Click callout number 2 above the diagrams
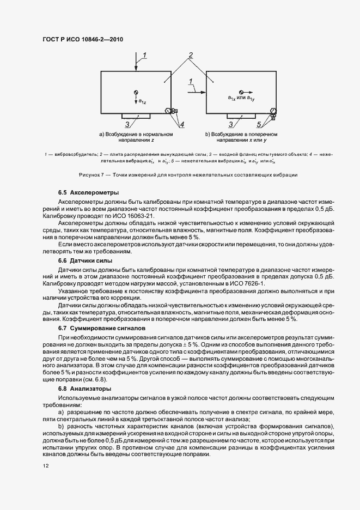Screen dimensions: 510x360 191,56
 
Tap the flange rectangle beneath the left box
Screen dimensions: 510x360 136,116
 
